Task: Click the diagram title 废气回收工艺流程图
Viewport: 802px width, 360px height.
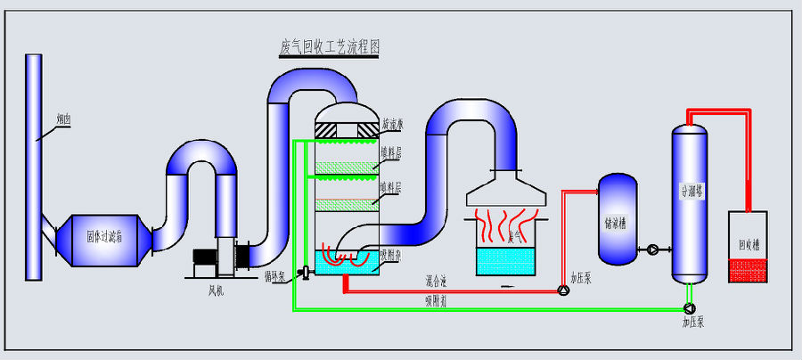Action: click(329, 48)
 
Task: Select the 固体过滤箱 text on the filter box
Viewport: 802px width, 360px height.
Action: click(105, 237)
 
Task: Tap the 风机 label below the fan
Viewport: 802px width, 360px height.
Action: click(215, 290)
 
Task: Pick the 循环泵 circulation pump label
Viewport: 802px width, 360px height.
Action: click(275, 276)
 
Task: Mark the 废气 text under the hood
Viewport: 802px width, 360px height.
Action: click(514, 237)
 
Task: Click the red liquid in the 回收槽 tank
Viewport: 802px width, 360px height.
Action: click(748, 270)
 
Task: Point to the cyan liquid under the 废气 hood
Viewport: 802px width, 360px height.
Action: click(503, 261)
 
